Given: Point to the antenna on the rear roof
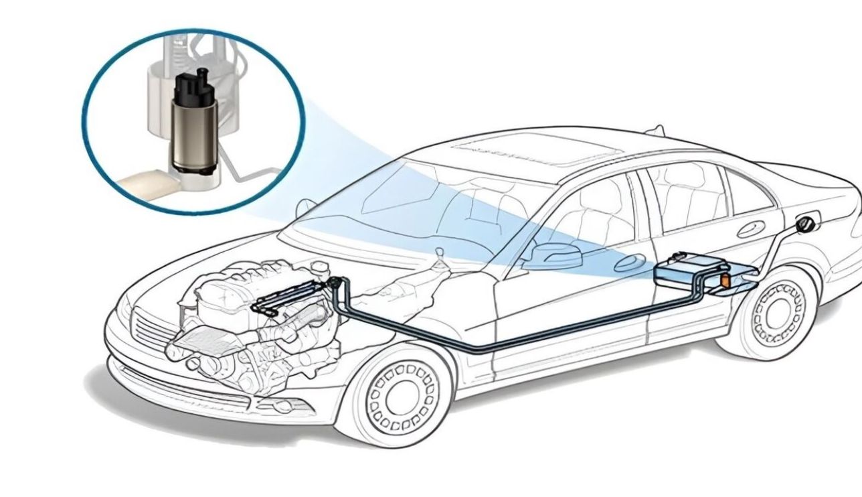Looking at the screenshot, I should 659,129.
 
